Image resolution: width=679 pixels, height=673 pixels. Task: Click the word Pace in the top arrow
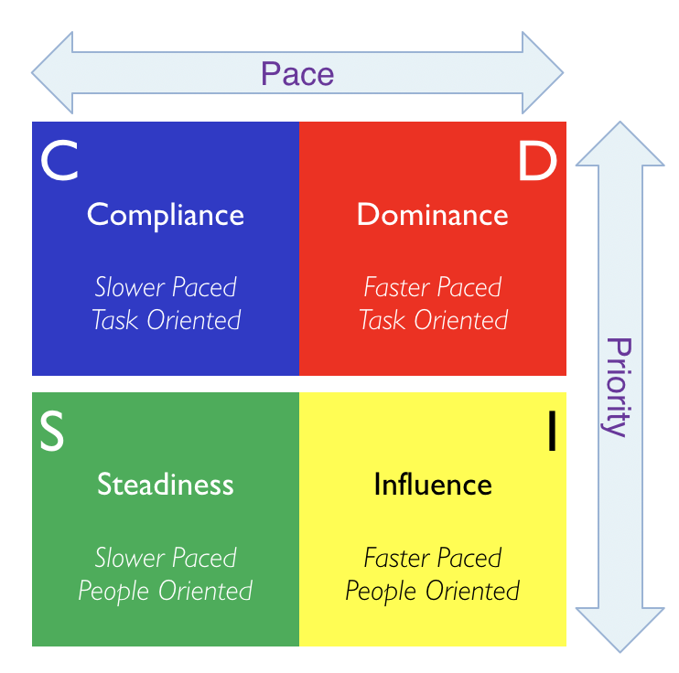[x=297, y=73]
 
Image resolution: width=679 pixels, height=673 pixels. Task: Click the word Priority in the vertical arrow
[x=619, y=387]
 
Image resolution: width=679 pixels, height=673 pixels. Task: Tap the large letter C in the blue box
[x=59, y=161]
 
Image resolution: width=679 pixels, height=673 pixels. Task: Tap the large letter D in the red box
[x=537, y=162]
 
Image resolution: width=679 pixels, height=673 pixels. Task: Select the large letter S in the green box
[x=52, y=433]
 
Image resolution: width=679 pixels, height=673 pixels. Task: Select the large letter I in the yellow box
[x=551, y=433]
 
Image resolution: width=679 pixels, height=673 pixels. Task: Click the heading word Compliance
[x=166, y=214]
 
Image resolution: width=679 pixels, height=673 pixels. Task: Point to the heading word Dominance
[x=433, y=214]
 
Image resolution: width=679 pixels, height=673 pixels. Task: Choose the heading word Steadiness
[x=166, y=484]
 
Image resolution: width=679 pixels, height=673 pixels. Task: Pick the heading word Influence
[x=433, y=484]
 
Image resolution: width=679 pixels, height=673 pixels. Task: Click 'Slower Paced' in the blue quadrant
[x=166, y=287]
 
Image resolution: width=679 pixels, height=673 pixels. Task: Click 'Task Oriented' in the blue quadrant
[x=166, y=320]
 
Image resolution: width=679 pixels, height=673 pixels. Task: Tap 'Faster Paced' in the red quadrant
[x=433, y=287]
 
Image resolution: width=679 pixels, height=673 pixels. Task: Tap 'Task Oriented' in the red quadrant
[x=433, y=320]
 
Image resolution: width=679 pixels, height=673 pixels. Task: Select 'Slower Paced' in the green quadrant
[x=166, y=558]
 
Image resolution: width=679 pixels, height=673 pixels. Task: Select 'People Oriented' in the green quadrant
[x=166, y=591]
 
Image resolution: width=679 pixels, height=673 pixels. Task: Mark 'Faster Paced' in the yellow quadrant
[x=433, y=558]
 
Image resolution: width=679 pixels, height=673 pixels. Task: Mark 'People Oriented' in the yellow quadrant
[x=433, y=591]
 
